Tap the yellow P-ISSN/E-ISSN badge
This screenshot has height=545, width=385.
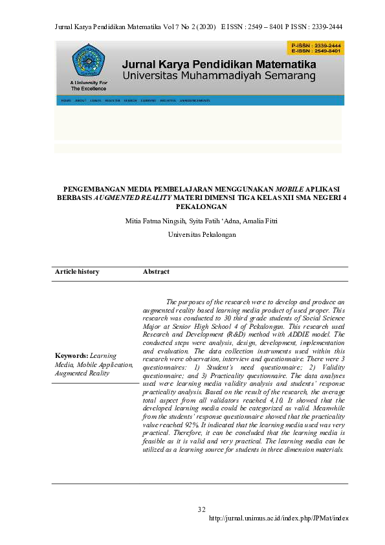[315, 48]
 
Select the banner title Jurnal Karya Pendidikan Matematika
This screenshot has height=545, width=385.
[219, 65]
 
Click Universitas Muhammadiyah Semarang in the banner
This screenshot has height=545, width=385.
[219, 76]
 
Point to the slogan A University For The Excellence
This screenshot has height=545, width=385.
[89, 85]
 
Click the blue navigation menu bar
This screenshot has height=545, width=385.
[200, 100]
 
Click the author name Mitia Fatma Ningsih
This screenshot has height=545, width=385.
[151, 221]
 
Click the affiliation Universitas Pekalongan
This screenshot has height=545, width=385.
[202, 234]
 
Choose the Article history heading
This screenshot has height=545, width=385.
[77, 272]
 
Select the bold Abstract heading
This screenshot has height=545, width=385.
[156, 272]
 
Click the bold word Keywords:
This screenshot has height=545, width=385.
[71, 356]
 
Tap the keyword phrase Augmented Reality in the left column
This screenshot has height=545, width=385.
[82, 373]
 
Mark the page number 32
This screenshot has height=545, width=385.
[201, 510]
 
